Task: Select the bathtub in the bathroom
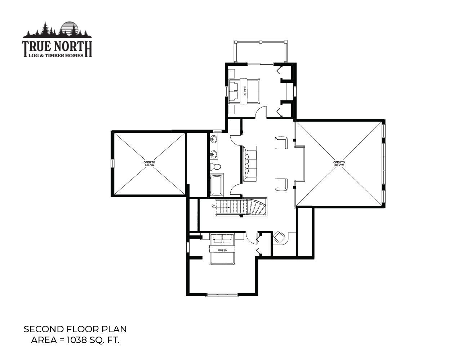217,185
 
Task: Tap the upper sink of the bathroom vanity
214,139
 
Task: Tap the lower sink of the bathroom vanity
214,154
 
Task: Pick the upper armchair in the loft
281,143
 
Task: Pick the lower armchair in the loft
281,185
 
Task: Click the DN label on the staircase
213,206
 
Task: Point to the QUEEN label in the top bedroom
245,91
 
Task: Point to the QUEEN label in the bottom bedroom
222,250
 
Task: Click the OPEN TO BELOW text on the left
149,164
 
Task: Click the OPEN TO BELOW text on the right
339,164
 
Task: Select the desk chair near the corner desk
279,237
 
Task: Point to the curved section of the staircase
257,207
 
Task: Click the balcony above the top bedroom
261,51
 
